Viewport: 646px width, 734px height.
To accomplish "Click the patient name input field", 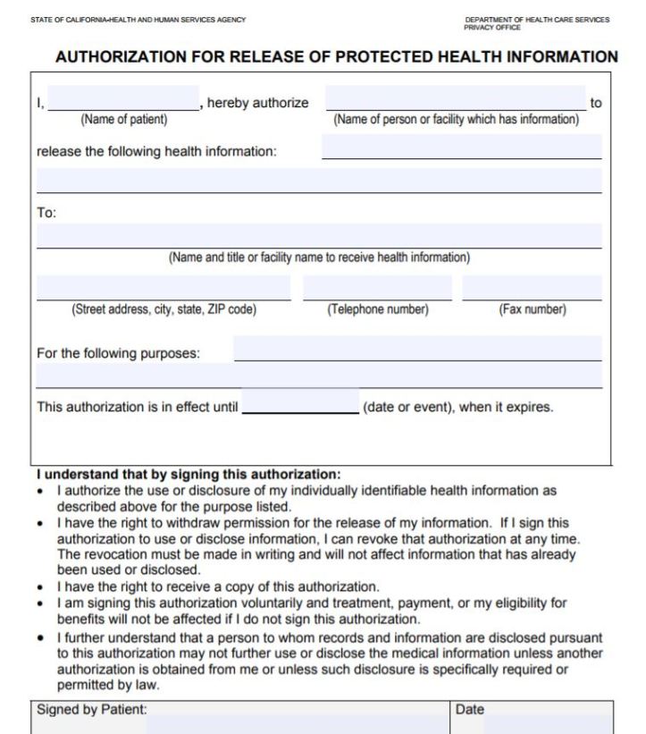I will click(123, 98).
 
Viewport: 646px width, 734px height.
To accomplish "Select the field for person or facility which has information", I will click(455, 98).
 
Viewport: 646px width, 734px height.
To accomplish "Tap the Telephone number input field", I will click(377, 288).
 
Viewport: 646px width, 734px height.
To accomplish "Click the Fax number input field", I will click(532, 288).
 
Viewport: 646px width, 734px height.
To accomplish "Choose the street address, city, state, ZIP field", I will click(164, 288).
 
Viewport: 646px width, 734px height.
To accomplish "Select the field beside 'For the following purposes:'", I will click(417, 348).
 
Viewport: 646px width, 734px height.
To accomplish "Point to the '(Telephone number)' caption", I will click(377, 310).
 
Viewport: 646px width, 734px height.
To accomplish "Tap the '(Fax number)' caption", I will click(532, 310).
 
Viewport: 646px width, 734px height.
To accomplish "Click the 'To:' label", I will click(46, 213).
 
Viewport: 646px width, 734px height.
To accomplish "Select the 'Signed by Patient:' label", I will click(91, 709).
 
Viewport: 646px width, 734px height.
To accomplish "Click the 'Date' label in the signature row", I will click(469, 709).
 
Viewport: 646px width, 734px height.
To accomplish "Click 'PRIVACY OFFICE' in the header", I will click(492, 28).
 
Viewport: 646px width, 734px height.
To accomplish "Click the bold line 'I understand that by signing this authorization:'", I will click(188, 474).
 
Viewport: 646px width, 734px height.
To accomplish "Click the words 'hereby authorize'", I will click(257, 103).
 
